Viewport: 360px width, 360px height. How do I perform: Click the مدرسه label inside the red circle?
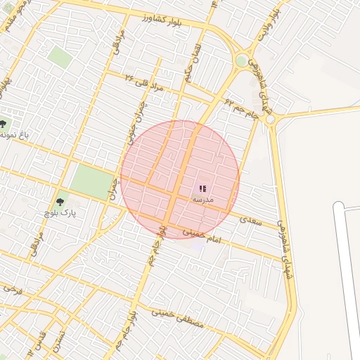[202, 200]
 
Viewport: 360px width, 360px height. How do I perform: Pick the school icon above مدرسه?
[202, 188]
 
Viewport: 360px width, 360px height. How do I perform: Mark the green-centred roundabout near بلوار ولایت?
[242, 60]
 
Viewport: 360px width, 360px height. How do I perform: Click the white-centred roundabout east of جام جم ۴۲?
[270, 119]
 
